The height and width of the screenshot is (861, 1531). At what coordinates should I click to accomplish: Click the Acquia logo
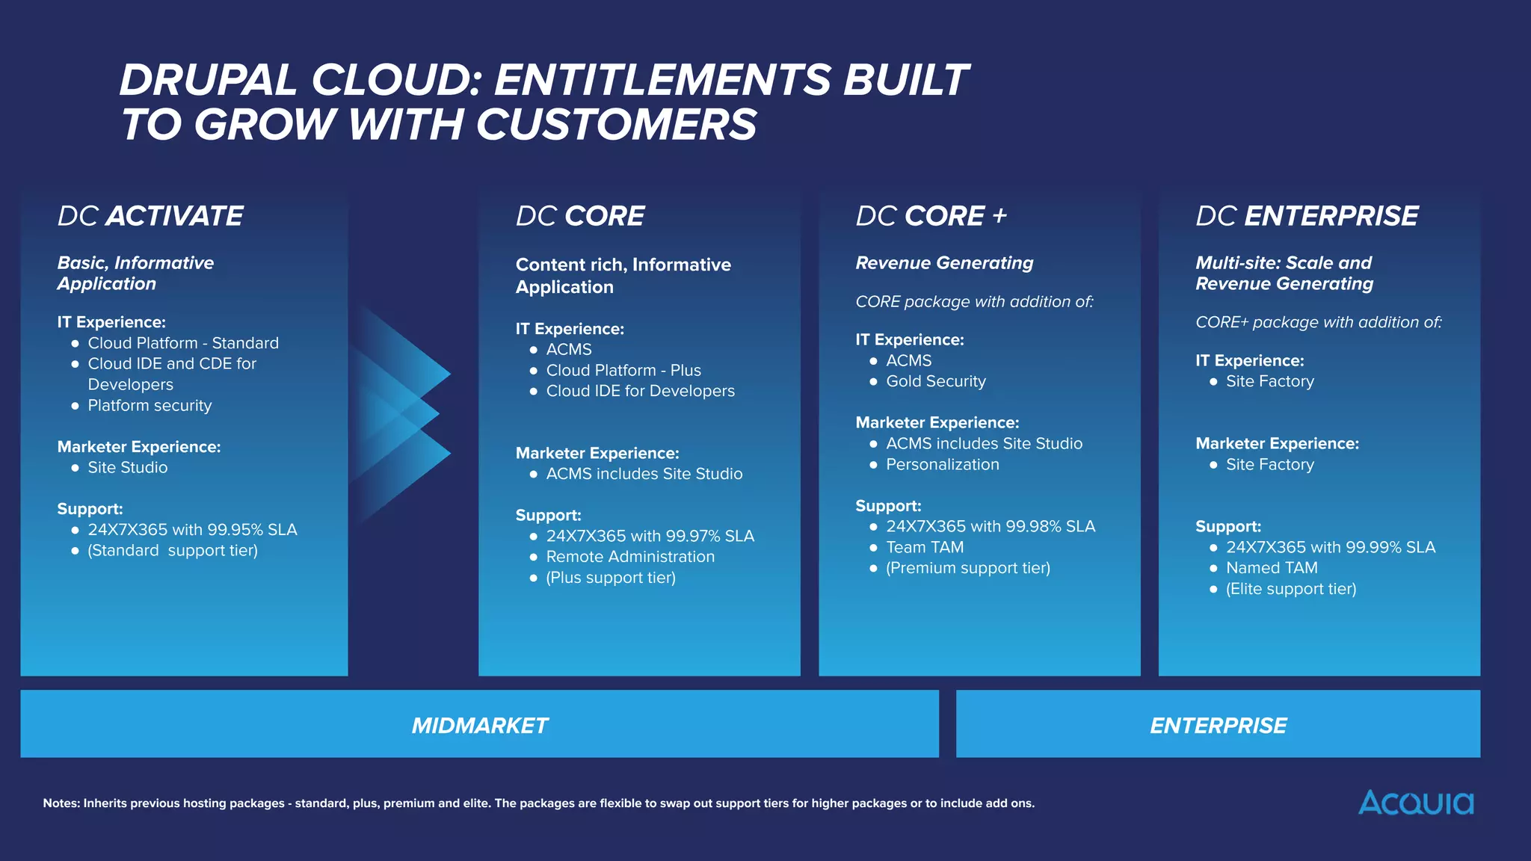[x=1415, y=803]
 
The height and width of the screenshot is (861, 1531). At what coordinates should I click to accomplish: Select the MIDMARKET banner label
[x=479, y=725]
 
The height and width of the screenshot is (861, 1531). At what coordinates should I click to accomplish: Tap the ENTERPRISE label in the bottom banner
[x=1218, y=725]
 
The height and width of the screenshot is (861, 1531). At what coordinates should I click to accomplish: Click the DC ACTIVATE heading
[x=150, y=216]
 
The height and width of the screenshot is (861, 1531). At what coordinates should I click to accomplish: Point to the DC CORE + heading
[x=931, y=216]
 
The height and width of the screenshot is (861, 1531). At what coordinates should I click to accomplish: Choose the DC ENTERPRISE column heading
[x=1307, y=216]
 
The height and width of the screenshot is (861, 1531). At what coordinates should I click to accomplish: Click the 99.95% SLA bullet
[x=192, y=530]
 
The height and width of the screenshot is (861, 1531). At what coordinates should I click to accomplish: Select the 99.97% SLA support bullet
[x=650, y=536]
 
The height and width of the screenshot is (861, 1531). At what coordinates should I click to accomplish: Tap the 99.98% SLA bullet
[x=990, y=526]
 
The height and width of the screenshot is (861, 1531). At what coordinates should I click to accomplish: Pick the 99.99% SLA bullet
[x=1330, y=547]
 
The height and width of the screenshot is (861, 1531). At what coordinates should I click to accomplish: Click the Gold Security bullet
[x=935, y=381]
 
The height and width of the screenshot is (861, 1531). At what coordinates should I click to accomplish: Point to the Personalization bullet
[x=942, y=464]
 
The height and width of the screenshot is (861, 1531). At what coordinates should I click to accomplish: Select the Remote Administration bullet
[x=630, y=557]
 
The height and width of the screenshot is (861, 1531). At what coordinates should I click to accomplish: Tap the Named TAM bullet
[x=1272, y=568]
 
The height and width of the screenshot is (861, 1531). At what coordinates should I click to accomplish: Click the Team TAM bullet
[x=925, y=547]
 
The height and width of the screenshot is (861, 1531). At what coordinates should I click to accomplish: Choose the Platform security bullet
[x=150, y=405]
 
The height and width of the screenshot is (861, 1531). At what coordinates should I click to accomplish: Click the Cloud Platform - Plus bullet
[x=623, y=370]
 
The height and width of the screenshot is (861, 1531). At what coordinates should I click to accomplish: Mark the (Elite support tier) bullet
[x=1290, y=589]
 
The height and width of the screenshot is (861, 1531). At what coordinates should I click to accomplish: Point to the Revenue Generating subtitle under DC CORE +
[x=944, y=263]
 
